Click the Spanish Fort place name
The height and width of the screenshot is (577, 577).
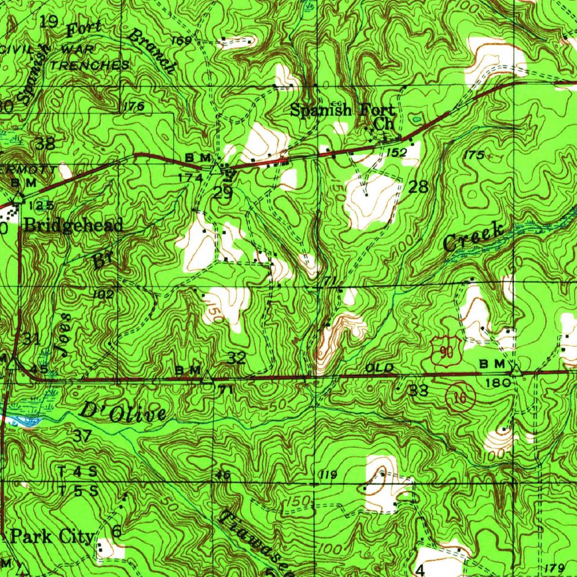click(343, 110)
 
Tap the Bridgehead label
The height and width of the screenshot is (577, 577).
click(73, 226)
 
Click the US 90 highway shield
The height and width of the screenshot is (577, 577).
click(446, 350)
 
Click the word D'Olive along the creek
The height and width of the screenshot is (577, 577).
click(123, 413)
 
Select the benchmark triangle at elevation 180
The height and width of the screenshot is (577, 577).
click(514, 371)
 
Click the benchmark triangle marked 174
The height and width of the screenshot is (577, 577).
click(215, 168)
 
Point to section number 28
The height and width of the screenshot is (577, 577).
click(419, 187)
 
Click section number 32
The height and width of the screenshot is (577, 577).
click(236, 358)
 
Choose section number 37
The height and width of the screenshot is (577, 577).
click(82, 435)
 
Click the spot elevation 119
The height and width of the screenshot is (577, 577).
click(327, 476)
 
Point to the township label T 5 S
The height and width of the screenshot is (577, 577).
click(78, 490)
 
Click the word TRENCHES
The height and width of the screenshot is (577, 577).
click(90, 65)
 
